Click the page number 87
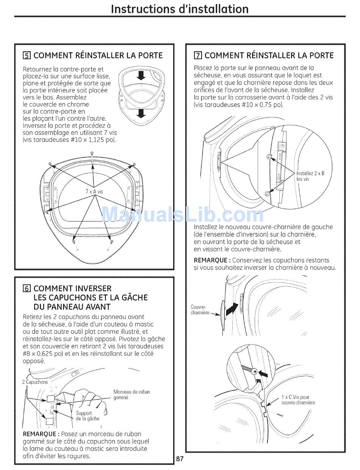(180, 459)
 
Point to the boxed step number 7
(197, 56)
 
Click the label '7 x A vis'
(94, 192)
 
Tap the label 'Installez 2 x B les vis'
(310, 176)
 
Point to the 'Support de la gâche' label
(87, 416)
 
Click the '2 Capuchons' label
(35, 382)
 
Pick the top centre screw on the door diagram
(92, 153)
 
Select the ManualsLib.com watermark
(182, 215)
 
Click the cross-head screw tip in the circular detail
(255, 372)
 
